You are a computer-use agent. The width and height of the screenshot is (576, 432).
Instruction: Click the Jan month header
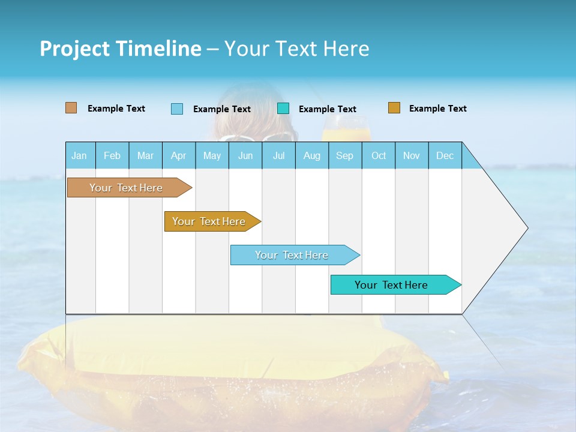(x=80, y=155)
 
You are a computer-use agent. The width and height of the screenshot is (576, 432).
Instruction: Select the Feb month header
(x=112, y=155)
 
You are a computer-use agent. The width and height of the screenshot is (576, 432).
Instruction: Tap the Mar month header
(x=145, y=155)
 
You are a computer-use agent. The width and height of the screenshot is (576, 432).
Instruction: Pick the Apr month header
(x=179, y=155)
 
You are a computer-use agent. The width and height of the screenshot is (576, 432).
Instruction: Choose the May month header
(x=212, y=155)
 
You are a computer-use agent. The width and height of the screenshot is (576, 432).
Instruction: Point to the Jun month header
(x=245, y=155)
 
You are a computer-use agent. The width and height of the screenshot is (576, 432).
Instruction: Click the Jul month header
(x=278, y=155)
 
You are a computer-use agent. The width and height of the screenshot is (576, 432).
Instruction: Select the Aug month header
(x=312, y=155)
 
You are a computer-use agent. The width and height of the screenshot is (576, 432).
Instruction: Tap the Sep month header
(x=345, y=155)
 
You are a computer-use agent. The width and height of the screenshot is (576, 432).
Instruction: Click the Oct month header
(x=379, y=155)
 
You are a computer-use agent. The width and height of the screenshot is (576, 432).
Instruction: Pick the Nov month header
(x=412, y=155)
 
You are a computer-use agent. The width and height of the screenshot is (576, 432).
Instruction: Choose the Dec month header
(x=445, y=155)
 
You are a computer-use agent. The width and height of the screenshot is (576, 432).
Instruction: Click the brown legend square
(x=71, y=108)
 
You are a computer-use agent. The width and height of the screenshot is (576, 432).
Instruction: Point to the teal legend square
(x=283, y=109)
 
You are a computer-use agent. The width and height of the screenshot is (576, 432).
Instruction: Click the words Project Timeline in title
(x=121, y=49)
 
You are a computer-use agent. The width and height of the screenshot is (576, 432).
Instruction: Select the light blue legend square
(x=177, y=109)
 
